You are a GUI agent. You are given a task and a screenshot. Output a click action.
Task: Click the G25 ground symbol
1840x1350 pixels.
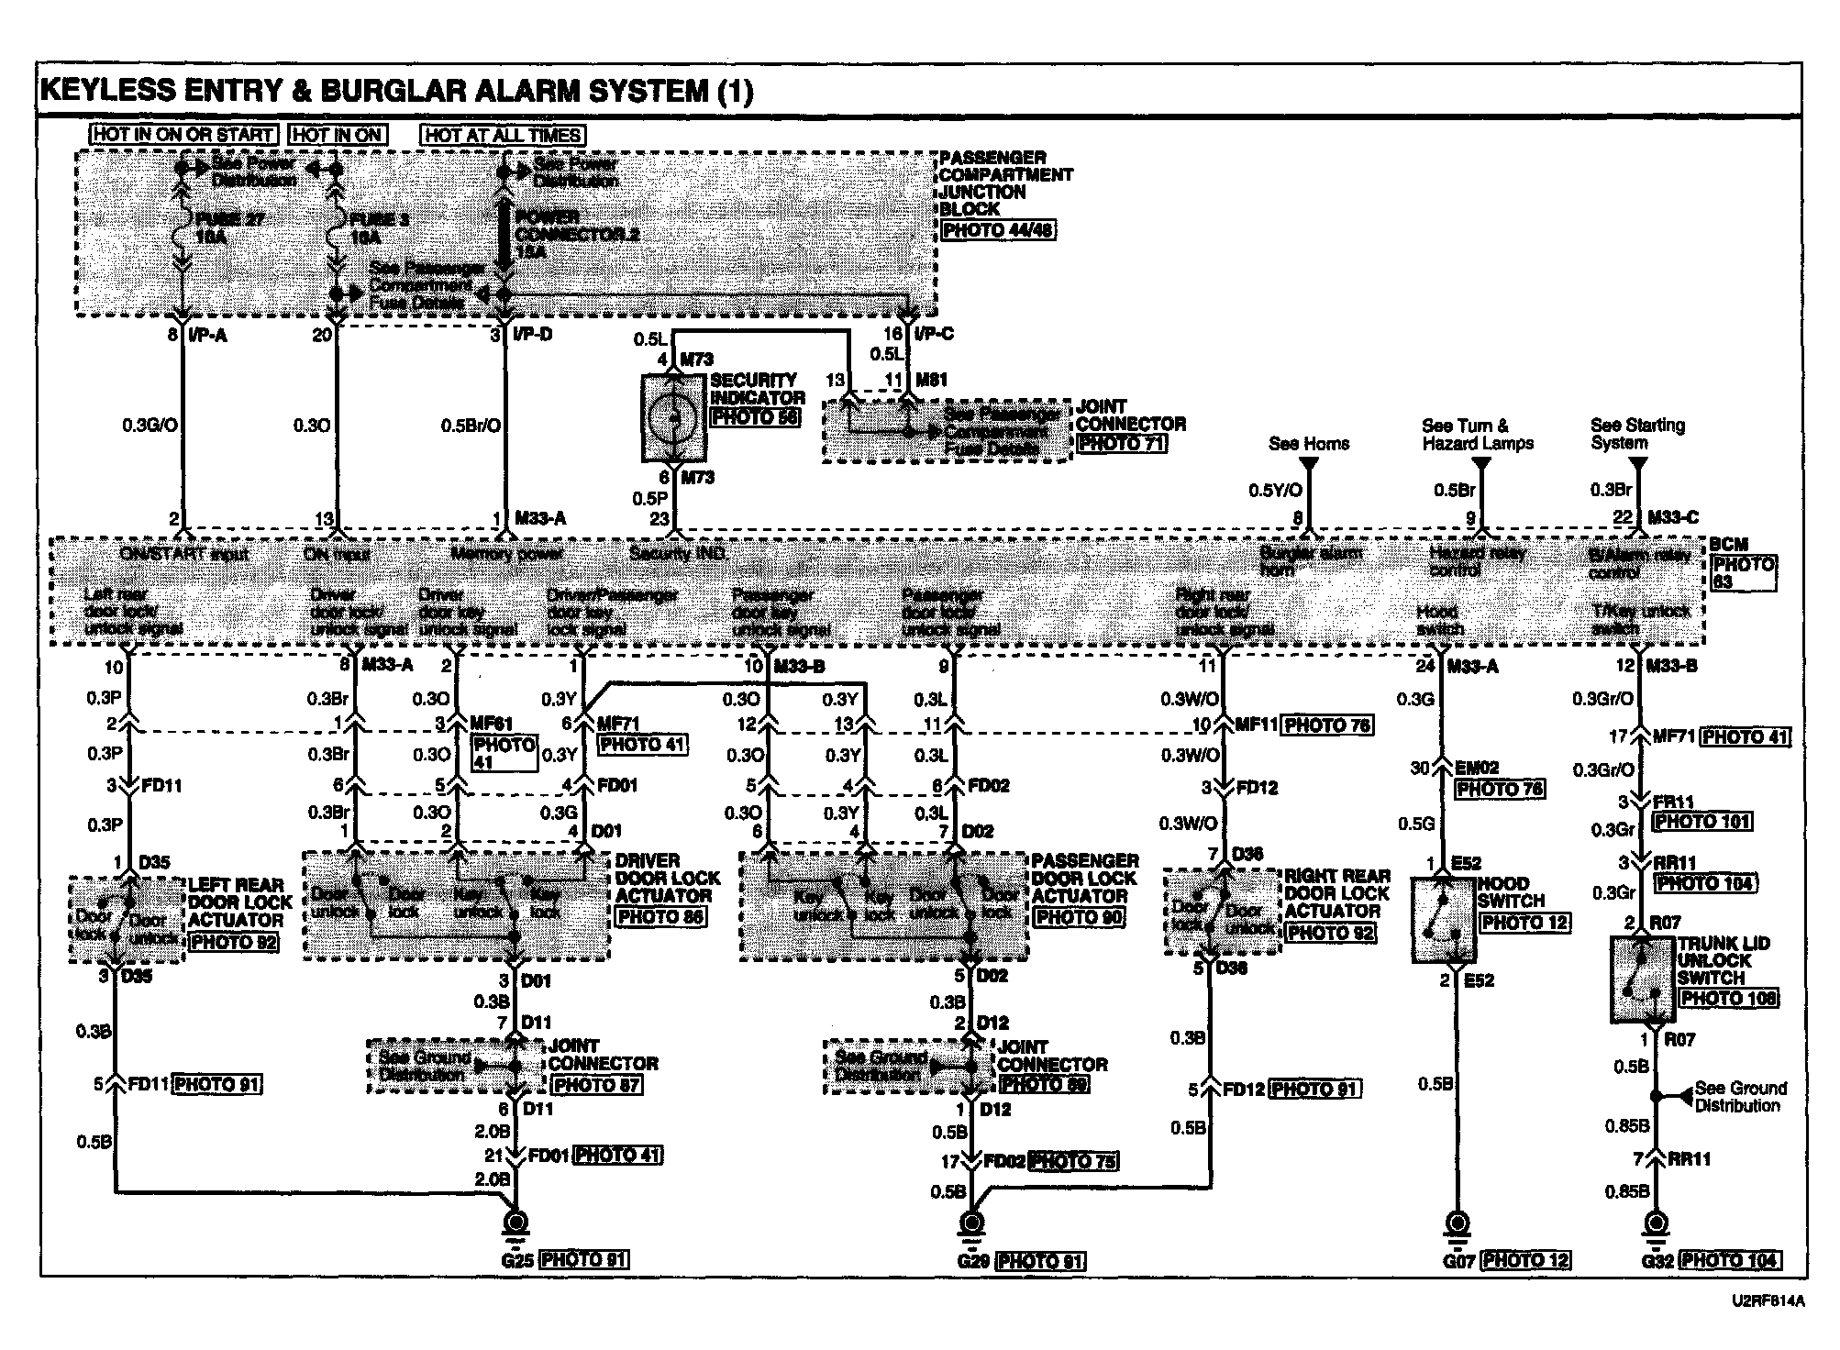coord(515,1224)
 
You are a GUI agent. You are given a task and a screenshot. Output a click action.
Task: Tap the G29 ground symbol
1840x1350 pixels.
coord(970,1224)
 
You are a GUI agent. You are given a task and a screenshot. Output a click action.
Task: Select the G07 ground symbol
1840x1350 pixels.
coord(1456,1224)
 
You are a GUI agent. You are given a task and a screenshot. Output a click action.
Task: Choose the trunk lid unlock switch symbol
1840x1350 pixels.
coord(1643,979)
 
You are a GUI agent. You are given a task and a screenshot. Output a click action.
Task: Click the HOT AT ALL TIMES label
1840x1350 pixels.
coord(503,135)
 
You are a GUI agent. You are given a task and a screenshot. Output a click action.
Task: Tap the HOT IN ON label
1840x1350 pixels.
coord(338,135)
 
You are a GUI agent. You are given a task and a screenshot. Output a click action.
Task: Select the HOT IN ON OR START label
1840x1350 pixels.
coord(184,135)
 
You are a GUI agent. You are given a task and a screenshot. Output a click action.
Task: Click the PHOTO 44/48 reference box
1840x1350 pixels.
coord(998,230)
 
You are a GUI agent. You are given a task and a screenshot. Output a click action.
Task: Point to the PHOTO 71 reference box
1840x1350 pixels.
coord(1121,443)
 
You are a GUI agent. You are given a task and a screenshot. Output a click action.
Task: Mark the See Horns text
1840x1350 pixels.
coord(1309,444)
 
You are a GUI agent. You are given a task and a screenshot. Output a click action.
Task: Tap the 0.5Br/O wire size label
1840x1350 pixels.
coord(471,426)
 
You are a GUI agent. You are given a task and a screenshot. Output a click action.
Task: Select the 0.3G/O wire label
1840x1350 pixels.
coord(150,426)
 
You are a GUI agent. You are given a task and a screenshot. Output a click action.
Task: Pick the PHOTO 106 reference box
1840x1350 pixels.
coord(1727,998)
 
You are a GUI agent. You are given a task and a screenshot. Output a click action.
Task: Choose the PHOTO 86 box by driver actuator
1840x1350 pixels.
coord(660,915)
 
